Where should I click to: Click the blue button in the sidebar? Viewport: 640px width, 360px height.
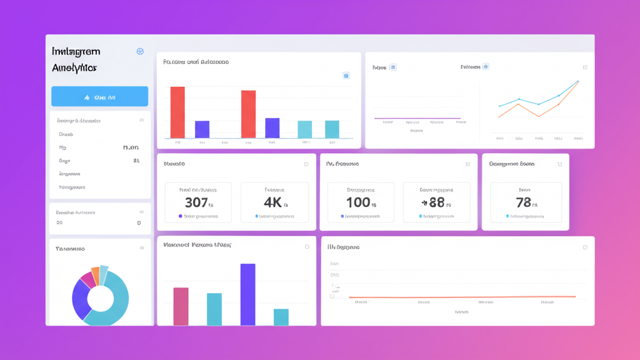(x=99, y=97)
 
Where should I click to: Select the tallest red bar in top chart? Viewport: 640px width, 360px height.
(x=177, y=112)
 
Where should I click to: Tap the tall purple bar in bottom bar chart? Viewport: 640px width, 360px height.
(x=247, y=294)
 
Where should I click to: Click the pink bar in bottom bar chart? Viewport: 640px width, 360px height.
(x=181, y=306)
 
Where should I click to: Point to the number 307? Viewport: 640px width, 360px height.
(x=196, y=202)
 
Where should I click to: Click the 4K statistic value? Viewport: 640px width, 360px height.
(x=272, y=202)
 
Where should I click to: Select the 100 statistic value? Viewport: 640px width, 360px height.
(x=357, y=202)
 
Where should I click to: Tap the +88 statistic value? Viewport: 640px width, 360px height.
(x=432, y=202)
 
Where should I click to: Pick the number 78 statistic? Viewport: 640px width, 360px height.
(x=523, y=202)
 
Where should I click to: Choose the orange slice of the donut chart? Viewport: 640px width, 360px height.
(x=95, y=275)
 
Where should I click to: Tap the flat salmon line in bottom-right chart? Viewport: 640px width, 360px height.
(x=462, y=297)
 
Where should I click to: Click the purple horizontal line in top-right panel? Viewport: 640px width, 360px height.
(x=417, y=118)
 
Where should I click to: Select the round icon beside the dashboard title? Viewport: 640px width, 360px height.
(x=140, y=51)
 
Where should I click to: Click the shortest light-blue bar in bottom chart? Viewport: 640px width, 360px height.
(x=281, y=317)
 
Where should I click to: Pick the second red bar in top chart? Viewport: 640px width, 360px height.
(x=248, y=114)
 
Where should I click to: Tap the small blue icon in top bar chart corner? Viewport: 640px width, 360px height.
(x=346, y=76)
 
